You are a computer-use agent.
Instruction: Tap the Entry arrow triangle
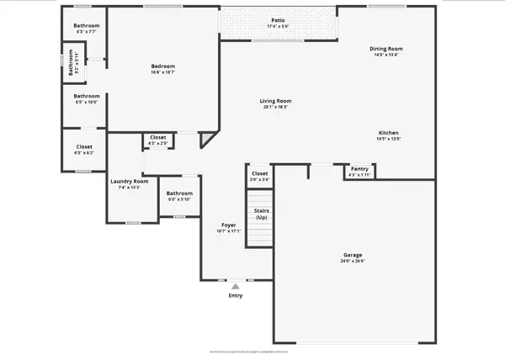236,287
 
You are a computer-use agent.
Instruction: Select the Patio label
278,20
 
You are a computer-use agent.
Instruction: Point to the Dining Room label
390,48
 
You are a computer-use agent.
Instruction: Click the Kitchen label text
388,134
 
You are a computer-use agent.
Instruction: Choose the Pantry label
359,169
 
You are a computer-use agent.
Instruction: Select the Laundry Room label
129,182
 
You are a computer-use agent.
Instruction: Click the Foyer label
228,225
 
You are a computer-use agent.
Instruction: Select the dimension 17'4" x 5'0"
278,27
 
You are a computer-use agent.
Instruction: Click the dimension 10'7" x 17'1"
228,231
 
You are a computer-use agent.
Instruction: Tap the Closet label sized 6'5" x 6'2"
84,147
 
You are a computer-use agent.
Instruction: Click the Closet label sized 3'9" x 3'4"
259,173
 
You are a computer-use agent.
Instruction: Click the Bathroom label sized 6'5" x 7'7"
86,26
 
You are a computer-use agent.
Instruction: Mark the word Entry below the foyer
236,296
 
